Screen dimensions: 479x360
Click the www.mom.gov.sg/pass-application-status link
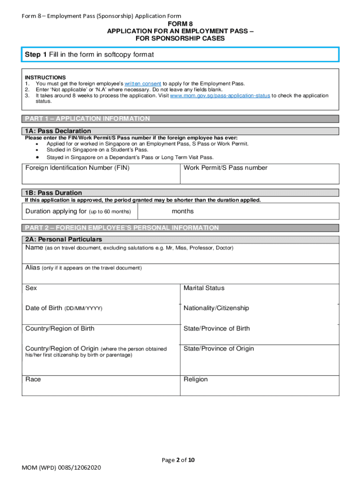(x=220, y=95)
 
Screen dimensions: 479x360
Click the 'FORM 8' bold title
(x=180, y=23)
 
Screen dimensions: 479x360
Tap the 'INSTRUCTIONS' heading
(x=45, y=78)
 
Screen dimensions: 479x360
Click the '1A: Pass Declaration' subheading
(x=58, y=131)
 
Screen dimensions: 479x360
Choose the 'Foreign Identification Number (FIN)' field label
(x=78, y=168)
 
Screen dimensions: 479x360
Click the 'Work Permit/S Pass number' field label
(x=225, y=168)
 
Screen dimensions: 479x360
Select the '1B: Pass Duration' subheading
(x=53, y=193)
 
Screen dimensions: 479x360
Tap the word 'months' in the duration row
(x=183, y=211)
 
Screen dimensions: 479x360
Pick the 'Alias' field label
(x=33, y=268)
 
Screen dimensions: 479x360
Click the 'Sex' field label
(x=31, y=288)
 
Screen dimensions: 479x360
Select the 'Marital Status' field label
(x=204, y=288)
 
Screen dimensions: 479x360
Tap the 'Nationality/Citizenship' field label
(x=216, y=308)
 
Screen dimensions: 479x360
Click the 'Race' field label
(x=33, y=379)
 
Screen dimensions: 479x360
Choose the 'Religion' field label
(x=195, y=379)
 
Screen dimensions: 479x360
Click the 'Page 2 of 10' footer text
(x=178, y=460)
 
